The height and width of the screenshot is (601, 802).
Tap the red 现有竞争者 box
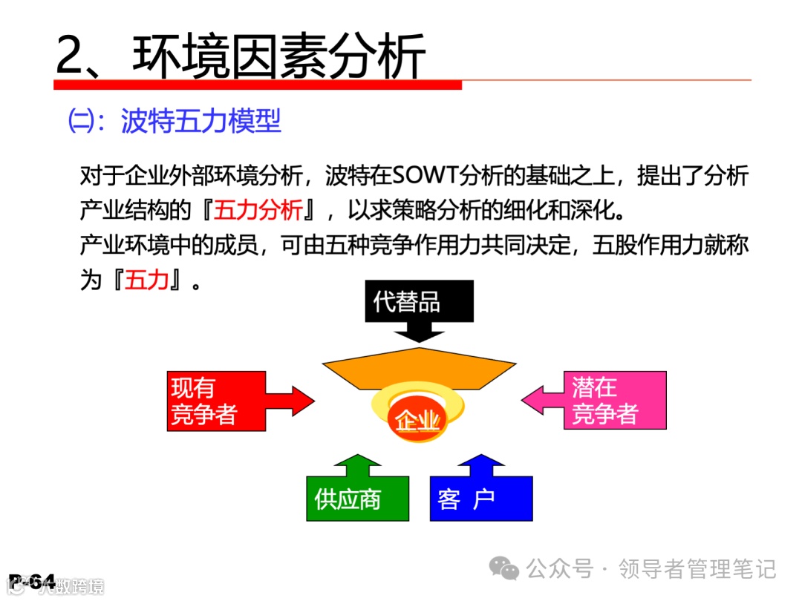pyautogui.click(x=215, y=401)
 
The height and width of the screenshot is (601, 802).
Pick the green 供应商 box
pyautogui.click(x=357, y=499)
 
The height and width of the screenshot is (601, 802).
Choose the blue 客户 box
pyautogui.click(x=480, y=499)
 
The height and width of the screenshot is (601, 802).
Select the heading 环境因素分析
pyautogui.click(x=279, y=56)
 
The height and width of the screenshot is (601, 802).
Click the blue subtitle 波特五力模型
pyautogui.click(x=201, y=122)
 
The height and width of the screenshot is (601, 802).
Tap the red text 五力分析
pyautogui.click(x=258, y=211)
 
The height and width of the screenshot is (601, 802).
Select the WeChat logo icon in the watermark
pyautogui.click(x=508, y=569)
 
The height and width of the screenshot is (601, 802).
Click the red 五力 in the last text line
pyautogui.click(x=146, y=280)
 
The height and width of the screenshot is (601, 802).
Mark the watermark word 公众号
pyautogui.click(x=561, y=569)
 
